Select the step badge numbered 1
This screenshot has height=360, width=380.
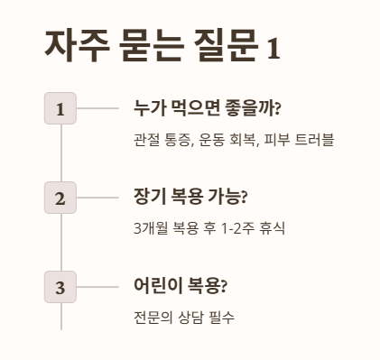point(60,108)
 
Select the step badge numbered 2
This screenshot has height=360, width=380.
point(60,198)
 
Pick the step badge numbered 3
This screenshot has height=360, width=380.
point(60,287)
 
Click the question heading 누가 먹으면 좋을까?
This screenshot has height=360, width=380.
point(207,108)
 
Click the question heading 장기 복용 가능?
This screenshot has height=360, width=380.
point(190,198)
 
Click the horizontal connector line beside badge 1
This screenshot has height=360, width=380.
point(97,108)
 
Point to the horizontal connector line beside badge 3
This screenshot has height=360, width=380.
point(97,287)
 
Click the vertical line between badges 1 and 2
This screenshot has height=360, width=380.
point(60,152)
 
